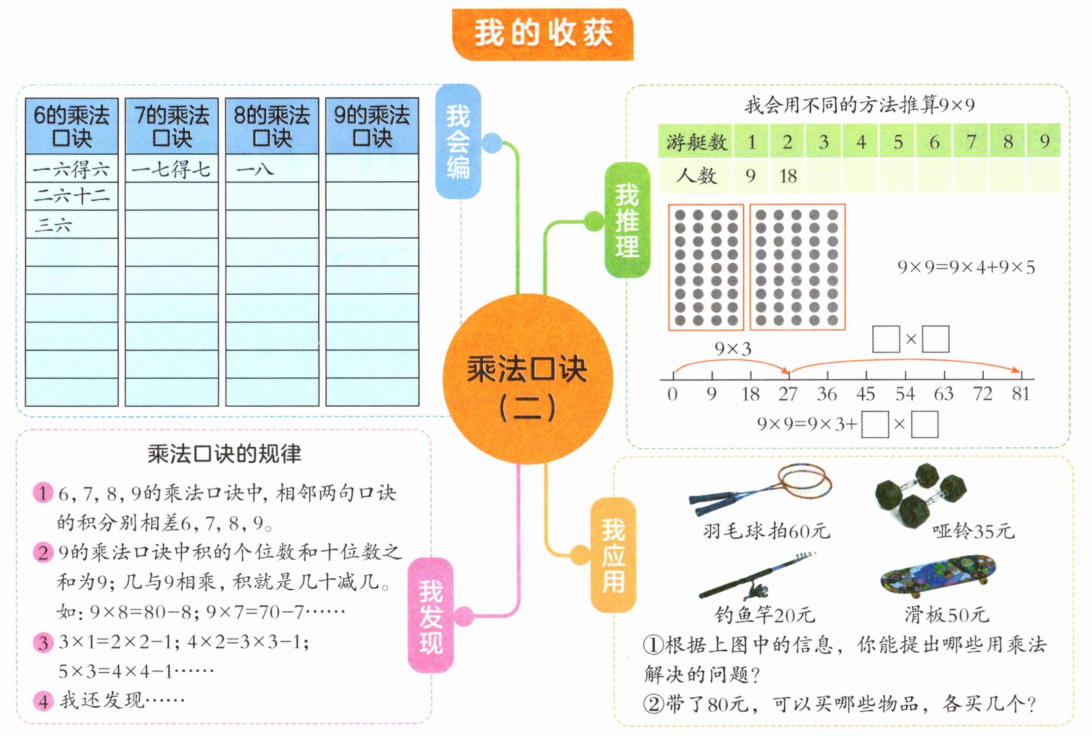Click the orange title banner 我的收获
tap(542, 34)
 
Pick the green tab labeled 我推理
tap(627, 220)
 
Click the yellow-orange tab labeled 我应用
tap(613, 555)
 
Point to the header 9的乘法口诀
tap(372, 126)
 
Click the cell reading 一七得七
tap(171, 169)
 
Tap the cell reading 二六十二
tap(71, 196)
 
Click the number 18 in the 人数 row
tap(788, 176)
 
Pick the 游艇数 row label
tap(696, 142)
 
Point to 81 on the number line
tap(1021, 394)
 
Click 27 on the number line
tap(788, 394)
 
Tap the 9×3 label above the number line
tap(733, 349)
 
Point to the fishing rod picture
tap(757, 576)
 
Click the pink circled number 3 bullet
tap(43, 642)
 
